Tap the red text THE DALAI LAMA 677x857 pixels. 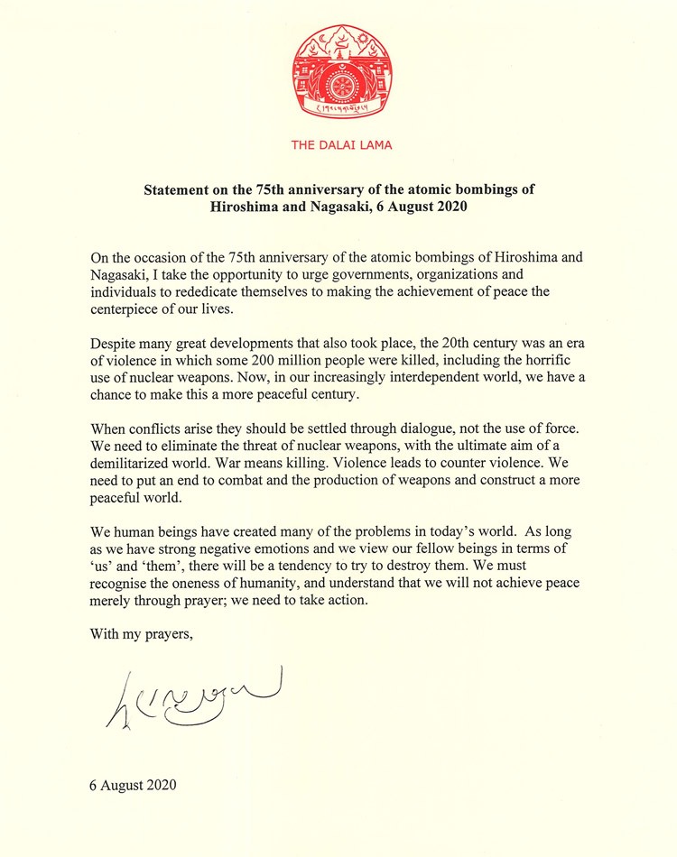(341, 144)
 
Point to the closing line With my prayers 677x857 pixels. (142, 633)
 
